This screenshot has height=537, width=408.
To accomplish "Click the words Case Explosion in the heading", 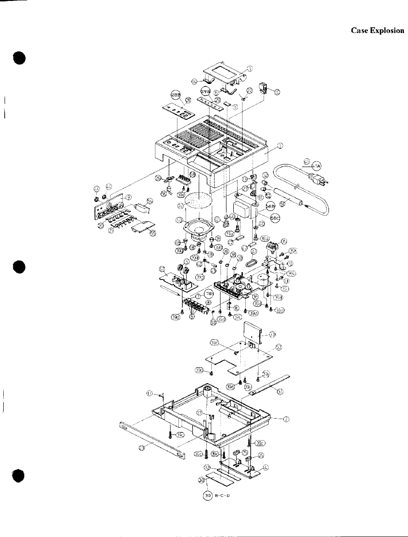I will [377, 31].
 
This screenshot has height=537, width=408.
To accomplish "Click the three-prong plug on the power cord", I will [320, 179].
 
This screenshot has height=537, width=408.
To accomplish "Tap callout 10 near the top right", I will [277, 92].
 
